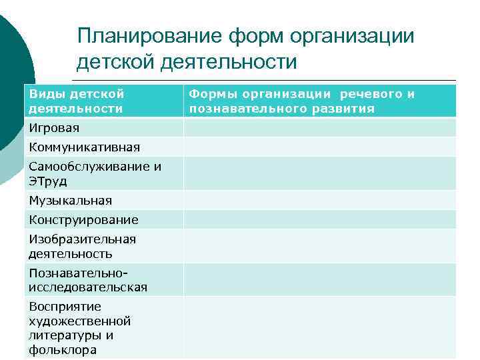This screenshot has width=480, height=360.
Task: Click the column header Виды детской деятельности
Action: pos(76,101)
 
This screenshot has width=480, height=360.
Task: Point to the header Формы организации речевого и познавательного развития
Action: pos(302,101)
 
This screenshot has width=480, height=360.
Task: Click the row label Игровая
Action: pos(54,127)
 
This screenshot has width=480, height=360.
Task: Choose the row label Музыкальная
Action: pos(70,200)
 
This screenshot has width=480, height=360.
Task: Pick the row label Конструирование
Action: pos(83,219)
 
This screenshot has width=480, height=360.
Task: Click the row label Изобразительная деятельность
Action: pos(82,246)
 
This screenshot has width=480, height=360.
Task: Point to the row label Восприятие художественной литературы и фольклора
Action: pos(79,328)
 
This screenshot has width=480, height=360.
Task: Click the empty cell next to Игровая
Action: pos(320,127)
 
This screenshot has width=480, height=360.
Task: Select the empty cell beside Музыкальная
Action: pos(320,200)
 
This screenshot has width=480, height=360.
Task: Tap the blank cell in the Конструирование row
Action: pos(320,219)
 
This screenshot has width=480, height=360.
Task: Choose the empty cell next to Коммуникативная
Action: pos(320,147)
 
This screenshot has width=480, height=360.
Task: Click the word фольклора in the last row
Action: pos(63,350)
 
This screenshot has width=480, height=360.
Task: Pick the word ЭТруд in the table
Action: pos(47,181)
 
